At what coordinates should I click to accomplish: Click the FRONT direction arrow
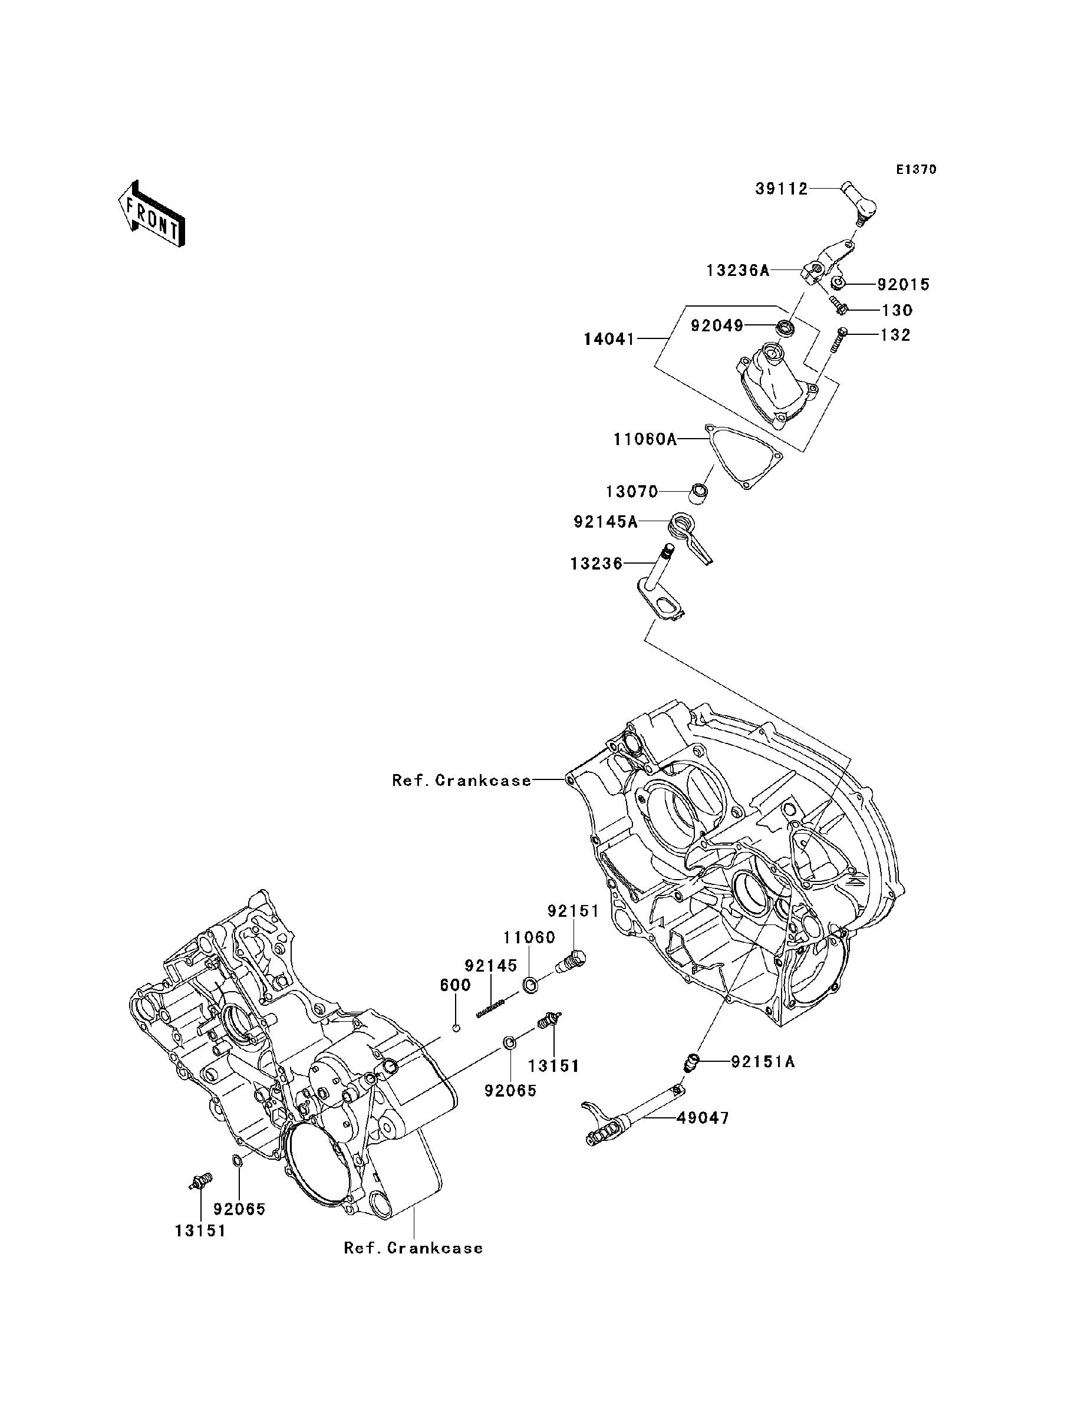tap(152, 214)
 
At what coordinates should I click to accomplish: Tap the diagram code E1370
tap(917, 170)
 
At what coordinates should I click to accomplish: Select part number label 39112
tap(781, 189)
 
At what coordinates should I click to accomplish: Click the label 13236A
tap(737, 270)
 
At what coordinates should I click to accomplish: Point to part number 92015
tap(903, 284)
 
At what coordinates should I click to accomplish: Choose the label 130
tap(898, 310)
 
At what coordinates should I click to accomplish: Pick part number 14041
tap(609, 338)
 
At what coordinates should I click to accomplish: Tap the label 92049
tap(717, 325)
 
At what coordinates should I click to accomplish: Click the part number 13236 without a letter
tap(596, 564)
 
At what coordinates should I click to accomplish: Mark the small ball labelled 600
tap(456, 1028)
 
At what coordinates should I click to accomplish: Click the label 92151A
tap(763, 1062)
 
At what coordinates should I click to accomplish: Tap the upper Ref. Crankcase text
tap(462, 781)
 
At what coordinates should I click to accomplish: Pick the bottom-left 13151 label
tap(200, 1231)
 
